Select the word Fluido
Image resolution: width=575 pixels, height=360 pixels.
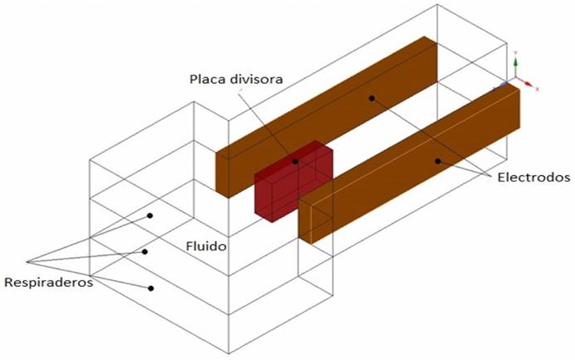point(203,245)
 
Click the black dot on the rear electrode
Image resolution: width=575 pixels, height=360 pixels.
point(372,99)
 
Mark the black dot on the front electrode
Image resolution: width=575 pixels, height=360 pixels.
point(438,160)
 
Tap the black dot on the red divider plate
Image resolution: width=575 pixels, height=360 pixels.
point(295,161)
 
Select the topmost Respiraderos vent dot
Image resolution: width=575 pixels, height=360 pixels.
point(151,216)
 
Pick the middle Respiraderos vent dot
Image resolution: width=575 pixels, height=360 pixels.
point(145,252)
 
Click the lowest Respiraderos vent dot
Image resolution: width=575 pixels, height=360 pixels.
point(151,288)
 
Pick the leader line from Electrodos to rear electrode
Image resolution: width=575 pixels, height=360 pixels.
point(436,136)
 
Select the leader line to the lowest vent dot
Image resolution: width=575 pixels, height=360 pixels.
point(90,275)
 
